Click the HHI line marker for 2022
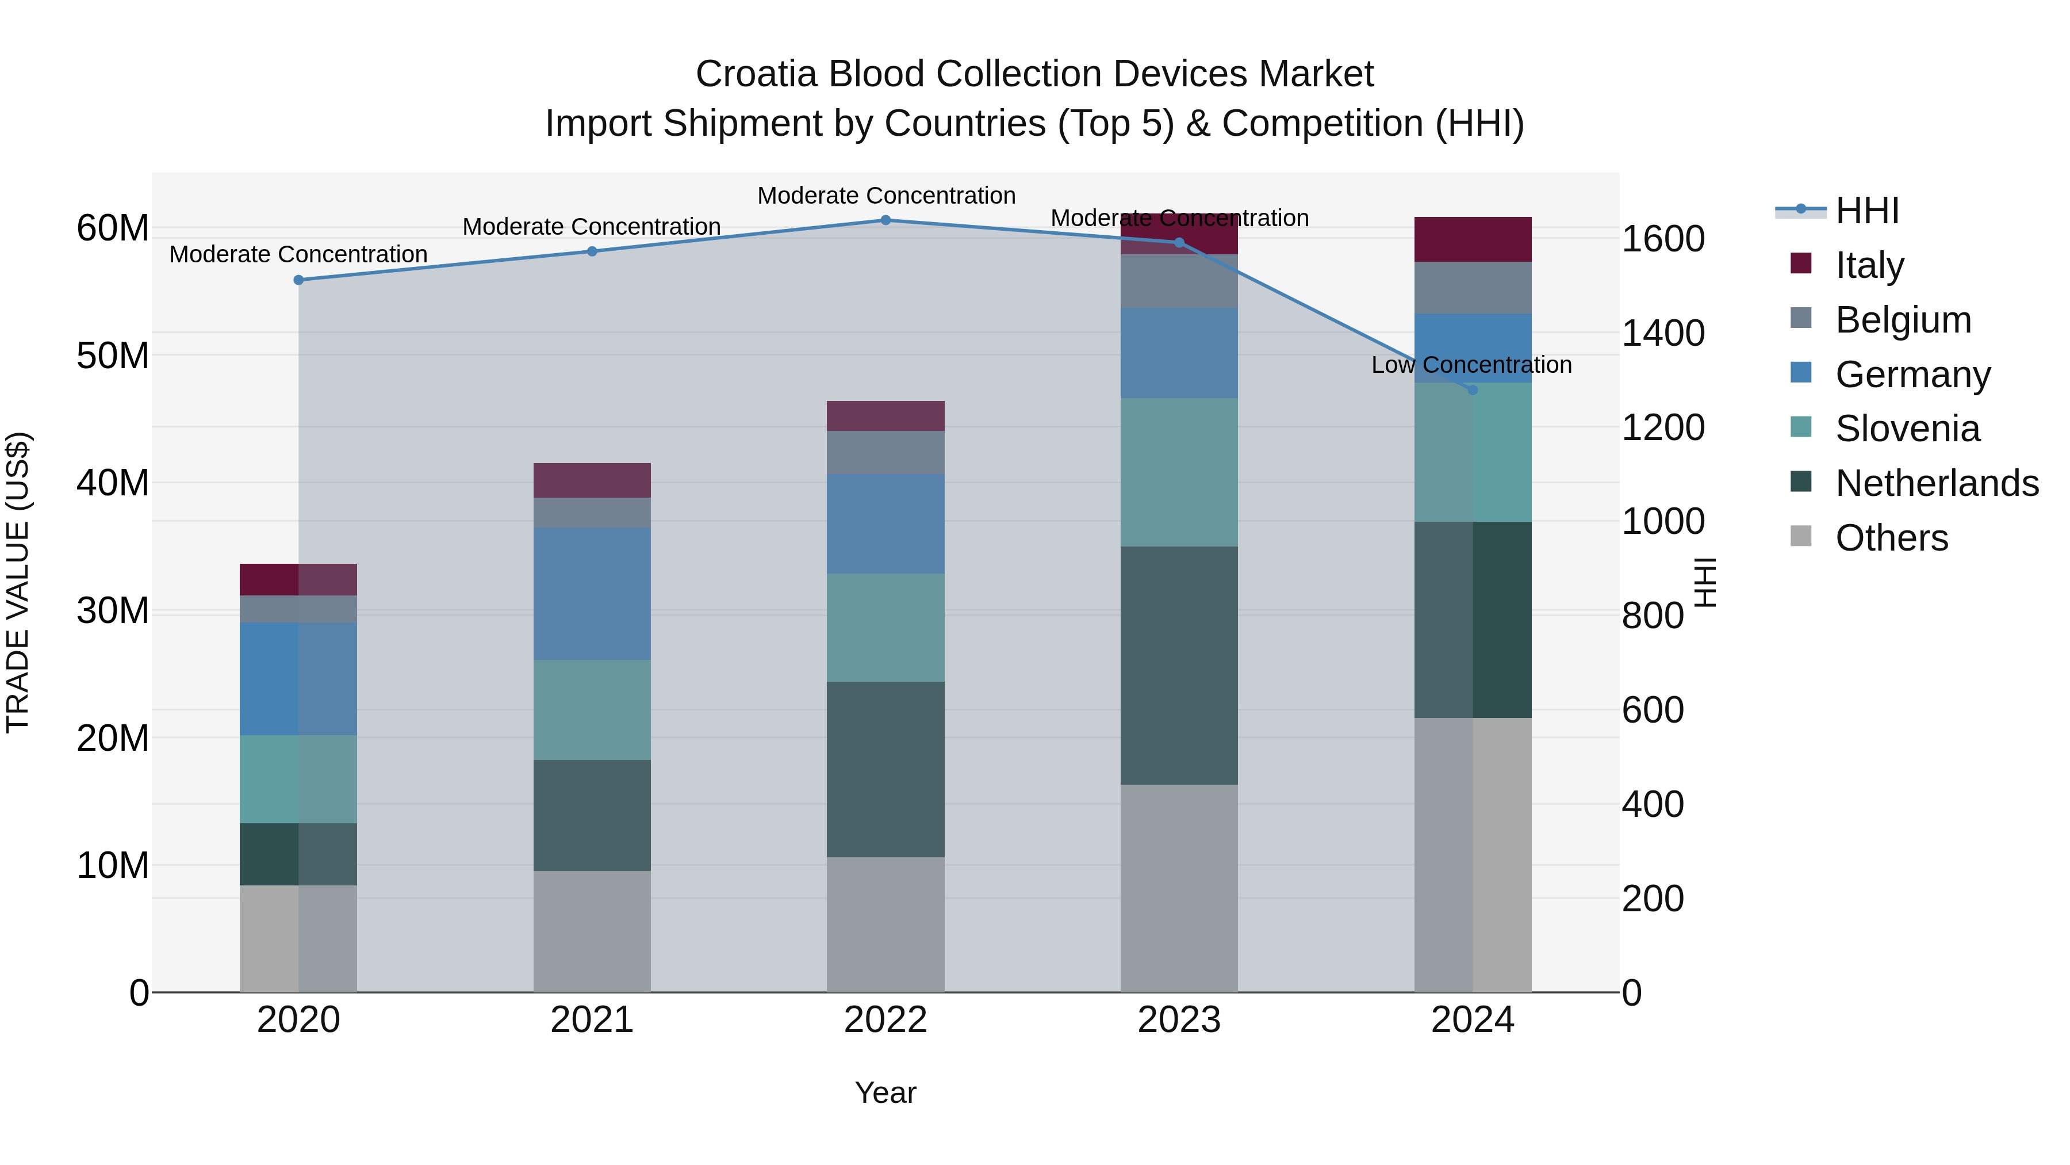pos(885,220)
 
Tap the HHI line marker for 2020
pos(298,280)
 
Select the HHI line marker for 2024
pos(1472,390)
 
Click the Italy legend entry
pos(1869,265)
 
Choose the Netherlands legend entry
pos(1937,483)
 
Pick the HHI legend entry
pos(1866,211)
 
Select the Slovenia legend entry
pos(1907,429)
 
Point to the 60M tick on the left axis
pos(113,228)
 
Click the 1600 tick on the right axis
pos(1662,239)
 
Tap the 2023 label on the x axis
pos(1179,1020)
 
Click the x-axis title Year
pos(885,1093)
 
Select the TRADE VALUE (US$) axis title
pos(18,582)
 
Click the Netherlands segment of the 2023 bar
pos(1179,665)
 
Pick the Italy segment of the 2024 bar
pos(1472,239)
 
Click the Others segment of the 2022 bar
pos(885,924)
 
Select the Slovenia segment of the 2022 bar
pos(885,627)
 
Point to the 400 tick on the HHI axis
pos(1652,804)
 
